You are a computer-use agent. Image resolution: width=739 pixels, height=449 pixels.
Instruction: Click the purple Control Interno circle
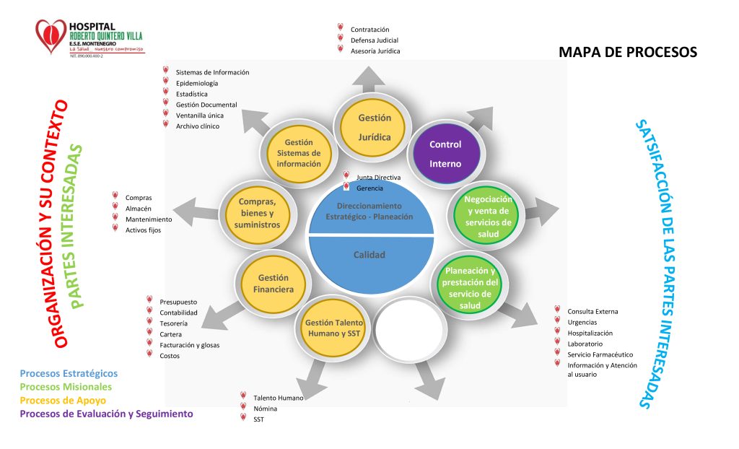445,153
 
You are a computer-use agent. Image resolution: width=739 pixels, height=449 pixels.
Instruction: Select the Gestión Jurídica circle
375,127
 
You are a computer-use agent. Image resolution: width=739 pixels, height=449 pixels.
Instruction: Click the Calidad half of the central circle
369,256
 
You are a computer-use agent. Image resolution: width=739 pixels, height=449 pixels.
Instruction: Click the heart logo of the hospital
51,36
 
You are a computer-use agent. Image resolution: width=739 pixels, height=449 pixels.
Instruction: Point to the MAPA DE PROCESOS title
628,53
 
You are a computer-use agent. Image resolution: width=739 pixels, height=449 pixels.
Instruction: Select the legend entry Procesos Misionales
66,387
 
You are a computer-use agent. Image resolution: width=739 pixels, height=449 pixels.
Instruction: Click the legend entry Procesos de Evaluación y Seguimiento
106,414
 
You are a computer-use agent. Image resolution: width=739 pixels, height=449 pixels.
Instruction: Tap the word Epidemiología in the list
196,83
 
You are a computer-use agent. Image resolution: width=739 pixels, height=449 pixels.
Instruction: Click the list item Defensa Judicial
374,40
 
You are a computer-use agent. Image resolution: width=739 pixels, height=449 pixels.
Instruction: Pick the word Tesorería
173,323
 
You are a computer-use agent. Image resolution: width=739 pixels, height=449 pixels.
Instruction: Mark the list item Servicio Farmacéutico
600,354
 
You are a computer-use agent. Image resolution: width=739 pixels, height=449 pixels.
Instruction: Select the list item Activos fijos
143,230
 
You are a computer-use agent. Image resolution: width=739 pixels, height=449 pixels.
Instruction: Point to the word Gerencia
370,188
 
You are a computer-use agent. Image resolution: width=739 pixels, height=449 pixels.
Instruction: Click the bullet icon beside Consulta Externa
557,310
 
